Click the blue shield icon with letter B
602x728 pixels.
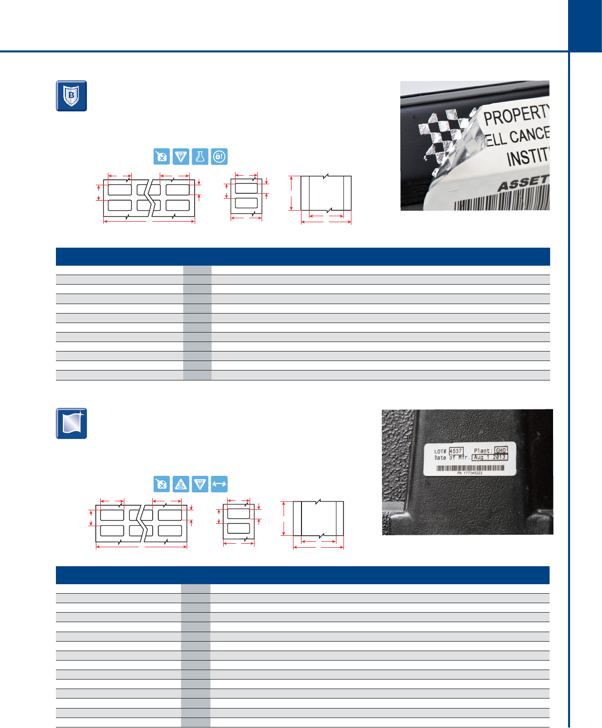click(71, 96)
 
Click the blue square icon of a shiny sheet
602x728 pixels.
click(71, 423)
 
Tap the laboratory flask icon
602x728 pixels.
click(200, 157)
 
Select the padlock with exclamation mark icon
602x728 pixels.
click(219, 157)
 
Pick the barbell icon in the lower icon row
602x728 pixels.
click(219, 484)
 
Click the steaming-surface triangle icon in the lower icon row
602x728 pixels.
click(181, 484)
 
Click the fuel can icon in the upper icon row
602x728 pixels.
click(162, 157)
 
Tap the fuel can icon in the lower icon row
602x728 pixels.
click(162, 484)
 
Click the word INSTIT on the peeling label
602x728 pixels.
click(527, 157)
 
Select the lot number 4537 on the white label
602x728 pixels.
click(456, 451)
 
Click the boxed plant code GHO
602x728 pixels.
click(501, 450)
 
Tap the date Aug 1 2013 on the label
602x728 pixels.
click(490, 457)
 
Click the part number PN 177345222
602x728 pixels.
click(470, 473)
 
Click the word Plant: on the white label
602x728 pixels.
click(483, 451)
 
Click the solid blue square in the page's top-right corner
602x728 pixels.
click(585, 26)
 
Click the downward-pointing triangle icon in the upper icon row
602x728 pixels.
click(181, 157)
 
